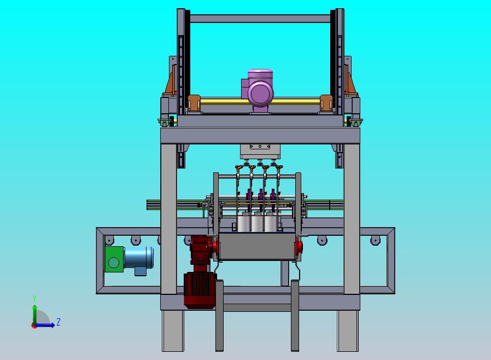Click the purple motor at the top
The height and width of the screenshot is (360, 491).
258,91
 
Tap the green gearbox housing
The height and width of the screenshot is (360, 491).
114,259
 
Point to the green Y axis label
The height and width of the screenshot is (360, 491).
34,298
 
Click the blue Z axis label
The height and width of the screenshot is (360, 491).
59,322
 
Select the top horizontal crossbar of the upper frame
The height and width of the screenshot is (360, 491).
260,19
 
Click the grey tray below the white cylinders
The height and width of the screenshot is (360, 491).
258,246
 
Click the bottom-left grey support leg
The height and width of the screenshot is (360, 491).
173,330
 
